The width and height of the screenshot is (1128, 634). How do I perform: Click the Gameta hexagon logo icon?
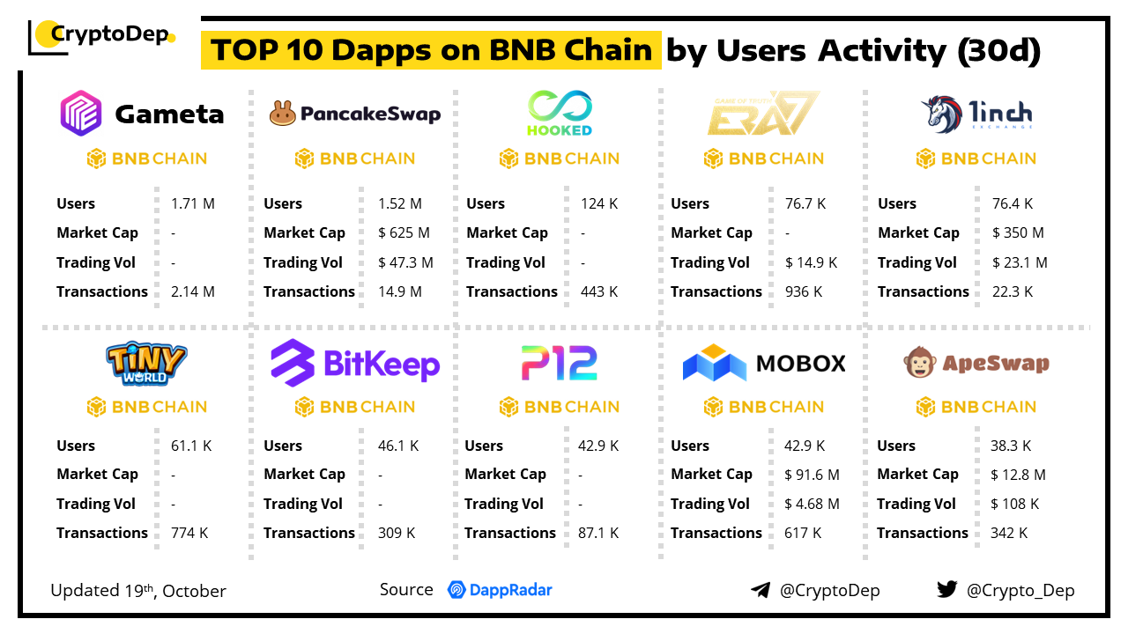tap(81, 113)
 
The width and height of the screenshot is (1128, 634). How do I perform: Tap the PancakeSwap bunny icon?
tap(282, 114)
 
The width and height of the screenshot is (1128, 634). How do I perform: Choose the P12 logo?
tap(559, 363)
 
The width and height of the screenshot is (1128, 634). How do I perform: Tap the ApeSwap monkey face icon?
tap(920, 363)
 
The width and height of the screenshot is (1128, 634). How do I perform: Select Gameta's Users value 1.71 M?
tap(193, 203)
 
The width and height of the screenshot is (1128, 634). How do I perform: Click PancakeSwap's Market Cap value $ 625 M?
tap(404, 232)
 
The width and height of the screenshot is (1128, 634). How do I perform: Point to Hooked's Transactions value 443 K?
tap(599, 291)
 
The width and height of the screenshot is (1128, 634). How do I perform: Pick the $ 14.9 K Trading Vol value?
tap(811, 262)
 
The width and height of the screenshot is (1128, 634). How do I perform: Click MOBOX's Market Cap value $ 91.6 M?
tap(812, 475)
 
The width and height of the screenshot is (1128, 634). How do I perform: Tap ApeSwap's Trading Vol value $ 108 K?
tap(1014, 504)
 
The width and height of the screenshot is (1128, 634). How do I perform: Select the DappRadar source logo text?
tap(500, 590)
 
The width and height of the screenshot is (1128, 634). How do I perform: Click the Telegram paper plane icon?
tap(761, 590)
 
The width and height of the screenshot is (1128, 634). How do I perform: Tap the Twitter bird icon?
tap(947, 589)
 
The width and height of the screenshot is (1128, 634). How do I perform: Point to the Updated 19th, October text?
tap(138, 590)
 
